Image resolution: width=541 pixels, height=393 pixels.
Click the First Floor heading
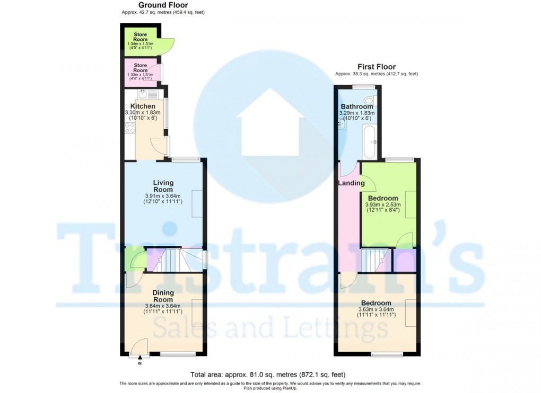[376, 67]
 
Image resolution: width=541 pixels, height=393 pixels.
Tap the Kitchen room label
[143, 106]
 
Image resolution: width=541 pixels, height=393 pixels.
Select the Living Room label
[163, 186]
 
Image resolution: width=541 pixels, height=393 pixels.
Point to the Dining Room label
[163, 296]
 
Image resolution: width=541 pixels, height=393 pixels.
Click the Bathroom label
[357, 106]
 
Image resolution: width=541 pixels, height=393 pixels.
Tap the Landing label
[351, 183]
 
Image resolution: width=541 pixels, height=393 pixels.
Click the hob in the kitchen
[129, 128]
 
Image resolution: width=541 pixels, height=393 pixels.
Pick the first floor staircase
[374, 260]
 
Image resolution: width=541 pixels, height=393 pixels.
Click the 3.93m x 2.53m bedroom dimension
[383, 205]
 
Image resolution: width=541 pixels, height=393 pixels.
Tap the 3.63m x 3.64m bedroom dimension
[376, 309]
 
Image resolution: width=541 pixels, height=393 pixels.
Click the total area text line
[270, 374]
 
